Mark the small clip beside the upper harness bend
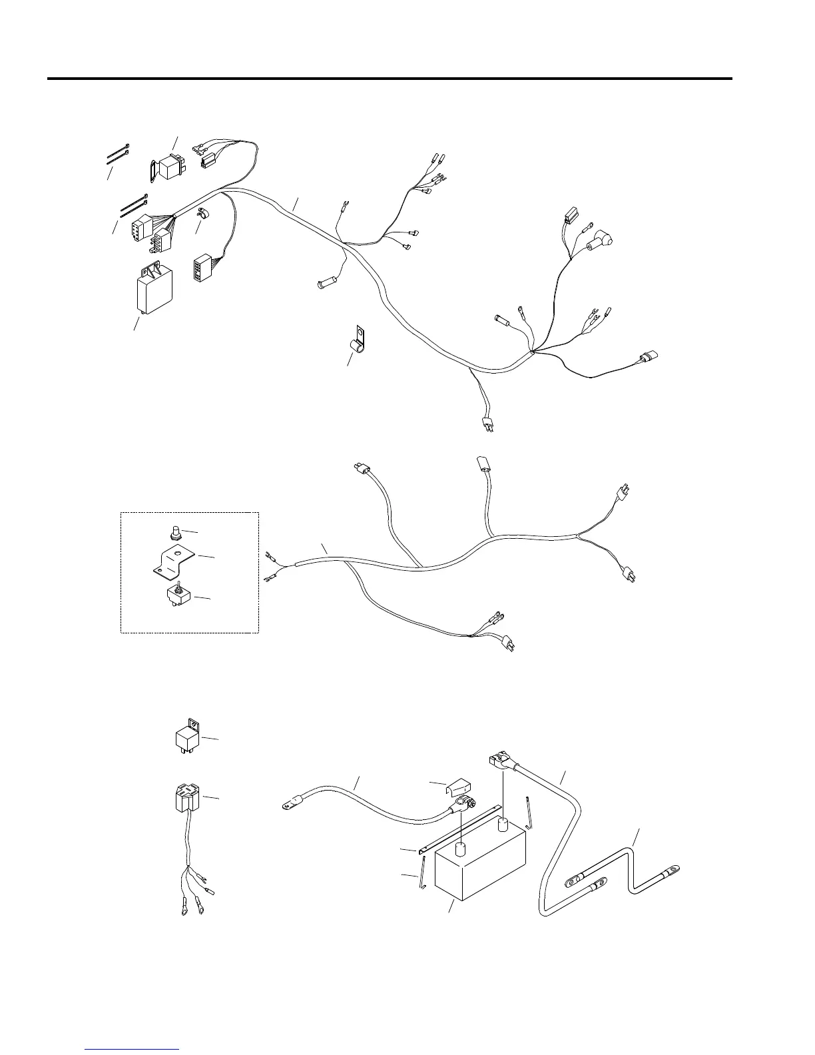202,213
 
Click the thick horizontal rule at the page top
390,79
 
